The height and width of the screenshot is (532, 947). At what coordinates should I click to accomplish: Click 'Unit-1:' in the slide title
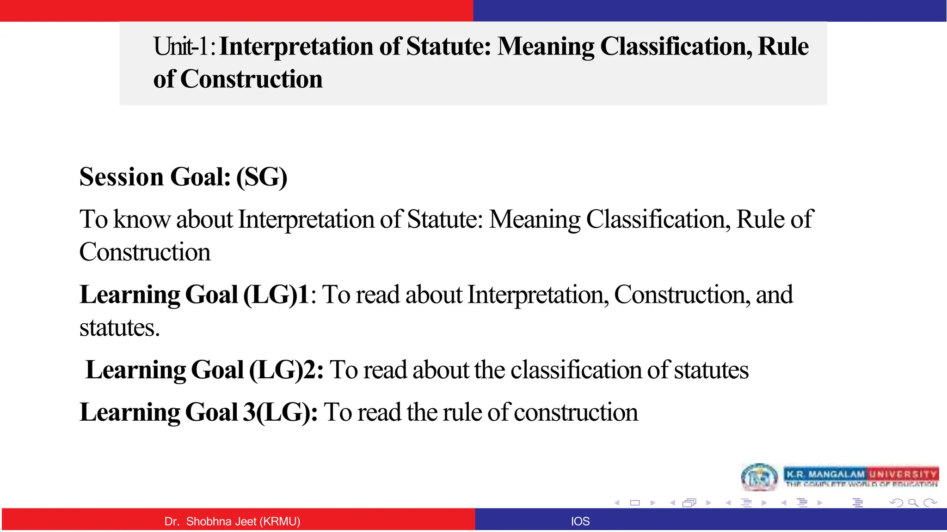tap(184, 47)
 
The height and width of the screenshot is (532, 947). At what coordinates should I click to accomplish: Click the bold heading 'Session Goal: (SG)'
tap(183, 177)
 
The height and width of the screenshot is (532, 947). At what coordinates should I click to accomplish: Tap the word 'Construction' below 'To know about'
tap(145, 252)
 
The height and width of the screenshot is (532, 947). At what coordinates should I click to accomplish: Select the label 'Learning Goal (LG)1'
tap(194, 295)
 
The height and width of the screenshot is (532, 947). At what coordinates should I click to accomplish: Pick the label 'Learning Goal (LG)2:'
tap(204, 370)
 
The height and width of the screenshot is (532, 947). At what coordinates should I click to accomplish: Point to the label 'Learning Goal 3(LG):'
tap(198, 412)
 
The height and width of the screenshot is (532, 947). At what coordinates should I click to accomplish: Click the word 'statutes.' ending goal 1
tap(119, 328)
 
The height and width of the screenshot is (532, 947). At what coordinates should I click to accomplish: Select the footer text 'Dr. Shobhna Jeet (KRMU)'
tap(232, 521)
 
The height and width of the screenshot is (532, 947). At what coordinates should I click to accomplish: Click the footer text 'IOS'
tap(580, 521)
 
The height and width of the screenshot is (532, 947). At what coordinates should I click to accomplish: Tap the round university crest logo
tap(759, 478)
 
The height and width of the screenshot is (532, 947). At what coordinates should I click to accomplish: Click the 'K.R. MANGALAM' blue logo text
tap(825, 474)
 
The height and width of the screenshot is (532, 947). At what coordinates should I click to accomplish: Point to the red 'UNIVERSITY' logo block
tap(903, 474)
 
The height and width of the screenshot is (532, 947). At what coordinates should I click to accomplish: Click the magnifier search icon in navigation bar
tap(913, 503)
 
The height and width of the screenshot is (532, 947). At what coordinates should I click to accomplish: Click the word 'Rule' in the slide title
tap(783, 47)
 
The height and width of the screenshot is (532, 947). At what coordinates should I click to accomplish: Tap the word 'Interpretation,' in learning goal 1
tap(538, 295)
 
